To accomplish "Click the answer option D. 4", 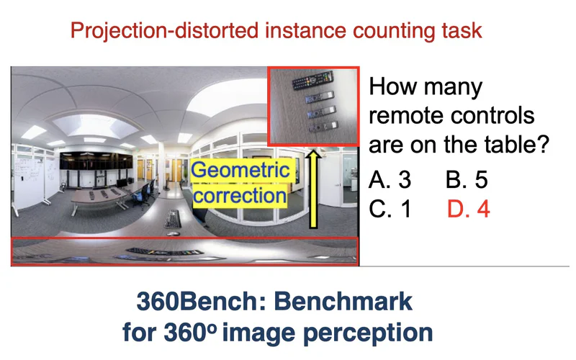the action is [469, 209].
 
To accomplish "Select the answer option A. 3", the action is [390, 179].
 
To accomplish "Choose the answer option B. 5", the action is [467, 179].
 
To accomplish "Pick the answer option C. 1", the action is [390, 209].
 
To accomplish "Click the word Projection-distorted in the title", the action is [164, 31].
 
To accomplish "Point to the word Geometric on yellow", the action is [240, 171].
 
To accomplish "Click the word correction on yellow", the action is [240, 195].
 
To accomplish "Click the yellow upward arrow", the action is [313, 189].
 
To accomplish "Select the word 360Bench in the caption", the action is [201, 301].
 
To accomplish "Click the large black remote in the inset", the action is [312, 81].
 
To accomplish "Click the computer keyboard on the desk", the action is [173, 219].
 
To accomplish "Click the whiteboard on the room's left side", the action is [30, 180].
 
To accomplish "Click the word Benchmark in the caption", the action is [343, 301].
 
